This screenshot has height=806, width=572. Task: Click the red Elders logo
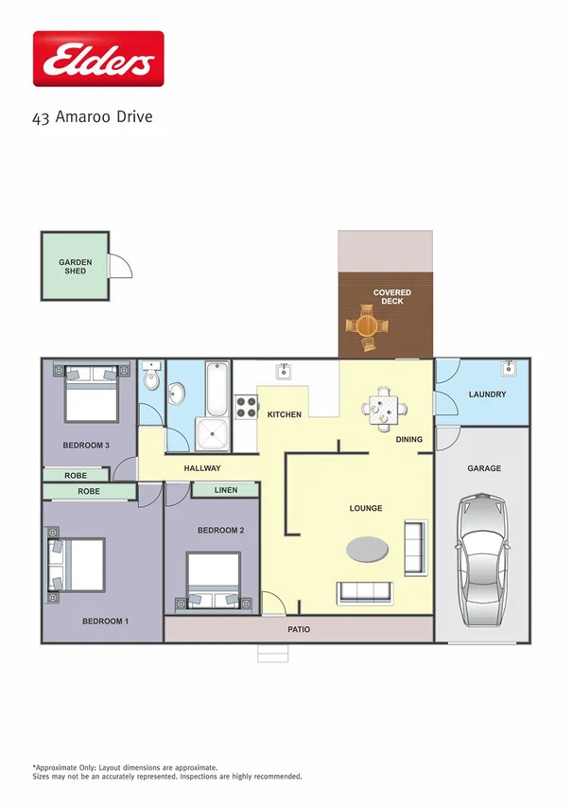(98, 59)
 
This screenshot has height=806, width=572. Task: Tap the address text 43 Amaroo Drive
(92, 117)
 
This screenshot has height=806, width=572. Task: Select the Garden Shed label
(75, 266)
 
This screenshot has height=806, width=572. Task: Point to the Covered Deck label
(391, 297)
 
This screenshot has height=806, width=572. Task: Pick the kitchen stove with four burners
(246, 407)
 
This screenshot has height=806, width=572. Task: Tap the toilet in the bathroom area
(150, 379)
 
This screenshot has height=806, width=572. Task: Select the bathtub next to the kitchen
(217, 388)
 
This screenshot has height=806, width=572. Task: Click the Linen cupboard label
(226, 490)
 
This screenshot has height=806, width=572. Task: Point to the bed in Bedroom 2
(214, 580)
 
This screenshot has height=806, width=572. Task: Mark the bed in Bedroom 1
(77, 566)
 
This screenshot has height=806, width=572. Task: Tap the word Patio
(299, 629)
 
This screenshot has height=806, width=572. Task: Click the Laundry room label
(487, 394)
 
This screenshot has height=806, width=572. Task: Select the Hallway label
(202, 468)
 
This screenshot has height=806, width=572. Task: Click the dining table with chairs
(384, 410)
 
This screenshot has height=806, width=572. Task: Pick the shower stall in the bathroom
(213, 433)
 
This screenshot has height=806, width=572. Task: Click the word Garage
(484, 468)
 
